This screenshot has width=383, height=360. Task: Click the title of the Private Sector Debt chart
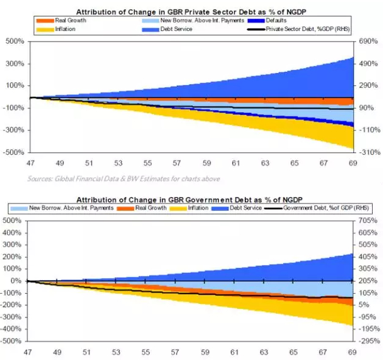191,12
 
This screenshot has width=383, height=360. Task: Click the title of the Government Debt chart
191,199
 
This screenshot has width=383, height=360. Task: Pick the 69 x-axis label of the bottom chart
351,351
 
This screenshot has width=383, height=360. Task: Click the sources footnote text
124,178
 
